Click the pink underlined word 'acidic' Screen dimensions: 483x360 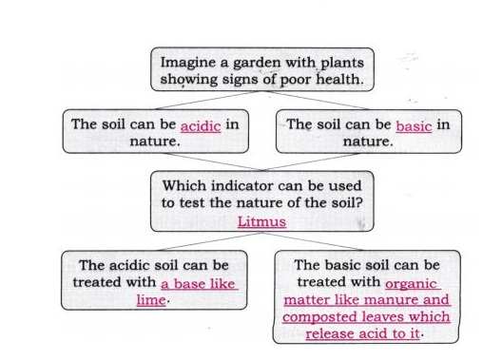[201, 126]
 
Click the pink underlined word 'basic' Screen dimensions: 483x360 [414, 126]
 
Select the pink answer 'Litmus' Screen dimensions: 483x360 [261, 221]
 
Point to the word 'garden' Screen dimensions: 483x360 [257, 63]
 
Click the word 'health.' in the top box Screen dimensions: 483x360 [339, 79]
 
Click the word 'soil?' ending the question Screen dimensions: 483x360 [347, 202]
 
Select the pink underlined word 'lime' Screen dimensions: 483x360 [151, 299]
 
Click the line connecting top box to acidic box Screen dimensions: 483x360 [208, 100]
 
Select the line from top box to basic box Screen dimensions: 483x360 [317, 100]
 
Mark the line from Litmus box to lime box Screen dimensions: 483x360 [210, 241]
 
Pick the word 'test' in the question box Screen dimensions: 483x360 [192, 202]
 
